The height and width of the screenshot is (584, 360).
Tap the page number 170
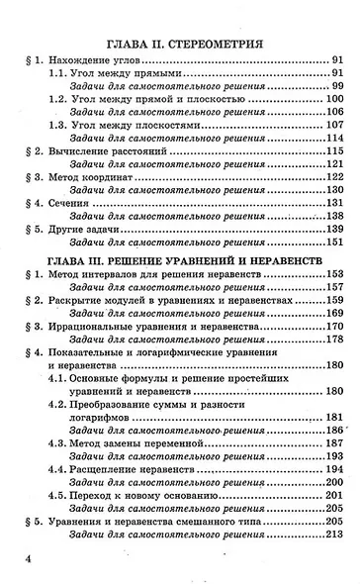[x=333, y=325]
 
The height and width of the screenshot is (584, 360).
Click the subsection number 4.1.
[x=60, y=379]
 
